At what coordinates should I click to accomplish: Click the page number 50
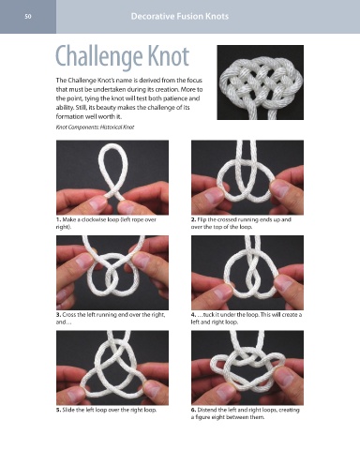coord(28,16)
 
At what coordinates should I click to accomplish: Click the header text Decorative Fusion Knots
coord(180,16)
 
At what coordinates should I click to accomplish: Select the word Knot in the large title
coord(169,56)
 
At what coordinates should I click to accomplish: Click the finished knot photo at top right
coord(261,82)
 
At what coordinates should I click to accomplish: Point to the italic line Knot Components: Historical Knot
coord(95,127)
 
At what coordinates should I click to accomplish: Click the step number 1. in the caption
coord(58,219)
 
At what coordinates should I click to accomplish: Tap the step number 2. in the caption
coord(193,219)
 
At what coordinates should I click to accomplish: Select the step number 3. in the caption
coord(58,315)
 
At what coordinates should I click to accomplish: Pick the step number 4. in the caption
coord(193,315)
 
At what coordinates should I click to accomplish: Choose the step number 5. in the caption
coord(58,410)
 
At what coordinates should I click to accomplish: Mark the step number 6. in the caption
coord(193,410)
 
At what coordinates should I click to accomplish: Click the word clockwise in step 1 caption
coord(92,219)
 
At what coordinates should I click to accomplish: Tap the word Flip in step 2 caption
coord(202,219)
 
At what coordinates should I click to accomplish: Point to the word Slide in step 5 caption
coord(67,410)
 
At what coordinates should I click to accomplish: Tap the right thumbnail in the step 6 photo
coord(284,377)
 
